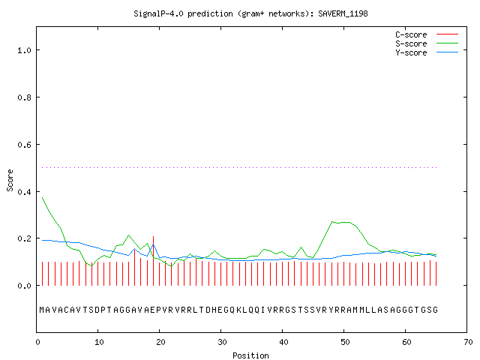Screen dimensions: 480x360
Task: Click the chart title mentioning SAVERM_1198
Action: [x=250, y=13]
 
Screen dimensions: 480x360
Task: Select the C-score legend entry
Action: [x=427, y=34]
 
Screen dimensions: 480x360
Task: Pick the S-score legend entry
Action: [x=427, y=43]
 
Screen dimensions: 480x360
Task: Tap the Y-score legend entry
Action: [x=427, y=52]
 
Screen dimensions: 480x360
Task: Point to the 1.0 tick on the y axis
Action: [x=24, y=50]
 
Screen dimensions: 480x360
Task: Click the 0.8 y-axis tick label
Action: [x=24, y=97]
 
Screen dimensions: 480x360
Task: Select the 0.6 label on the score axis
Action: [x=24, y=145]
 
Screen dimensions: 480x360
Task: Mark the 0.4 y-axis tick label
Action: [x=24, y=192]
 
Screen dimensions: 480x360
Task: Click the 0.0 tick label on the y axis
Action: [x=24, y=286]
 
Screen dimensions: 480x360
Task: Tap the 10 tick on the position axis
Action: [x=99, y=342]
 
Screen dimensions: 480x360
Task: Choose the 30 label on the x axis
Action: [x=222, y=342]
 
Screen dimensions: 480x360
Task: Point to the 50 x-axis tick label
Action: [x=345, y=342]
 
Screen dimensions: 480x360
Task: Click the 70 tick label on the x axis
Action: [x=468, y=342]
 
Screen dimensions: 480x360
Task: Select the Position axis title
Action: [x=250, y=355]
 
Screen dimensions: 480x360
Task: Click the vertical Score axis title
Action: [x=10, y=180]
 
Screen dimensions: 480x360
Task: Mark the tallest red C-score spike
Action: [x=153, y=261]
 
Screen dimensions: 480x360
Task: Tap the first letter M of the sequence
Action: [x=42, y=310]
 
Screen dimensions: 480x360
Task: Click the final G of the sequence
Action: [x=435, y=310]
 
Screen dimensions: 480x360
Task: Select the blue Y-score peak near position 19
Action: [x=153, y=244]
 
